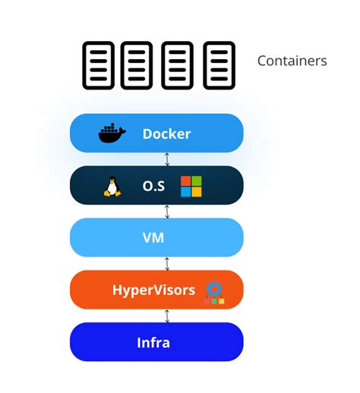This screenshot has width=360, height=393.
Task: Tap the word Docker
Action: pos(166,134)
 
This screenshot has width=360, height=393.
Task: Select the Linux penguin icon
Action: pos(112,187)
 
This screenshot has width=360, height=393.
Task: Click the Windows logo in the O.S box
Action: pos(191,187)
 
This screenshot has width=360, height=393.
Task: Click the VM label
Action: pos(153,238)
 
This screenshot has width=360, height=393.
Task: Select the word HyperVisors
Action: pos(154,290)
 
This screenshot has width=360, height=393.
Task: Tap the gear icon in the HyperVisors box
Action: pos(213,289)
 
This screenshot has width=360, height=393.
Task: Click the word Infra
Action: pos(154,342)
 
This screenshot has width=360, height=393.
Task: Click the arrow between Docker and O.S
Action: pos(167,160)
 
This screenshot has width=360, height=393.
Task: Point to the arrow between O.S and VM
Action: pos(167,212)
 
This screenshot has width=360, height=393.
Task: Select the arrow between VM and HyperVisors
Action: pos(167,263)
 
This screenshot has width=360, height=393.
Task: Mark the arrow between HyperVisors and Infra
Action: pos(167,316)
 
